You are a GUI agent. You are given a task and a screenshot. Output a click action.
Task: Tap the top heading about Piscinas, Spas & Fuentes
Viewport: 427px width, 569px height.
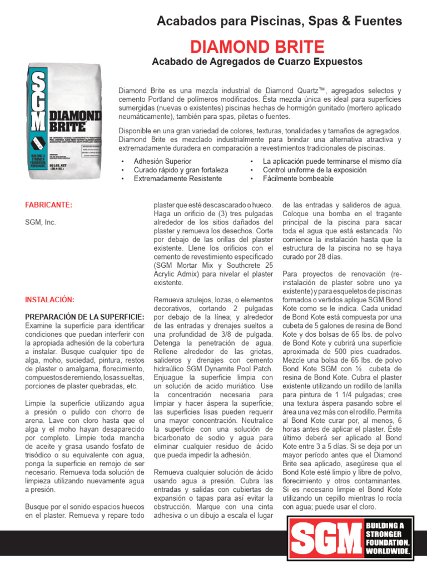[279, 21]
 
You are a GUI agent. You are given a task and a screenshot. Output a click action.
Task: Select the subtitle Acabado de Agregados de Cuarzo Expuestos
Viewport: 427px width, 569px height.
[257, 61]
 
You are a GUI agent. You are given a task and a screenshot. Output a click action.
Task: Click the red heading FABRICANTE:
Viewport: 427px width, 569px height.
[49, 205]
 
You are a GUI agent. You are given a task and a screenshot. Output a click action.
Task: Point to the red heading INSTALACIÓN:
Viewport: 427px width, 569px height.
[49, 300]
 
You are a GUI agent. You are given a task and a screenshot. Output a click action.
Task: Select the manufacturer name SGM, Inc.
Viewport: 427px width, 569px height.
[41, 222]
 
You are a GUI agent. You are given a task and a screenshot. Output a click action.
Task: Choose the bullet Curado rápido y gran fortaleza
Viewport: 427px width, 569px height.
[181, 170]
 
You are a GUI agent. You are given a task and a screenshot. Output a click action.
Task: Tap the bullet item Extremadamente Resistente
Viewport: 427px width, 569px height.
[177, 179]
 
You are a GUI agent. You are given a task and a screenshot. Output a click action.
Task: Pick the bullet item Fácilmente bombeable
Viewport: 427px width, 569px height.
[298, 179]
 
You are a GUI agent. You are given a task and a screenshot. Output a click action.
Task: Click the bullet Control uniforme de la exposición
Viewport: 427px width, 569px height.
[315, 170]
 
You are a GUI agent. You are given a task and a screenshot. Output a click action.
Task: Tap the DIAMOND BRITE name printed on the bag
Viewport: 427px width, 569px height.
[75, 121]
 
